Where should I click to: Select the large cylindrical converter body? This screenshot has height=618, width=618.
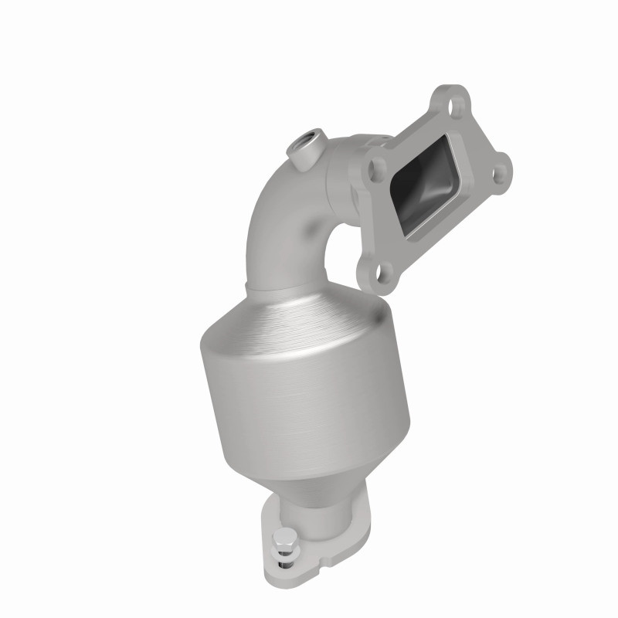click(305, 386)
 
